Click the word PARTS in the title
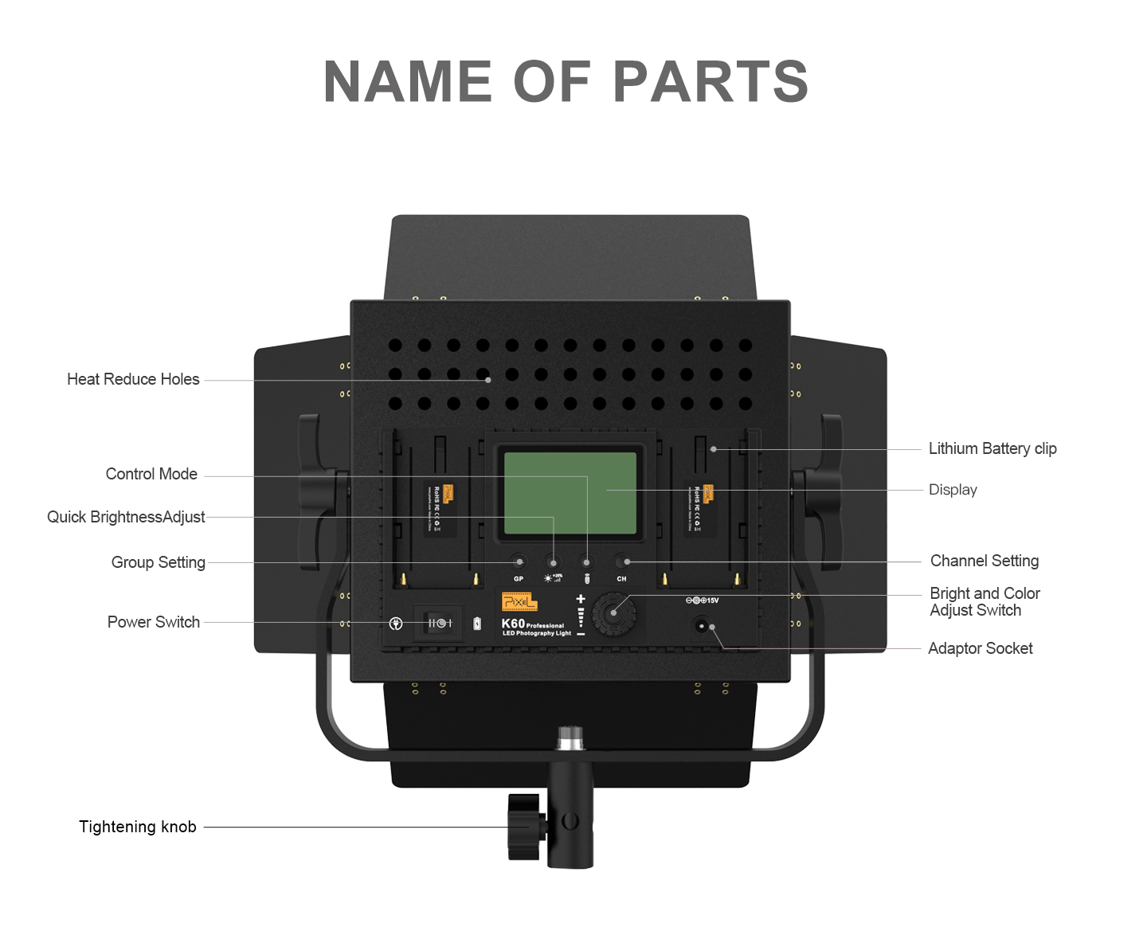pyautogui.click(x=711, y=82)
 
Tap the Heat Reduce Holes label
pyautogui.click(x=133, y=379)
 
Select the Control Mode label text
pyautogui.click(x=151, y=474)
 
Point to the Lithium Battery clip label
pyautogui.click(x=992, y=448)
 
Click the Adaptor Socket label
pyautogui.click(x=980, y=648)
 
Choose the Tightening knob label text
pyautogui.click(x=138, y=827)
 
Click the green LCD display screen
pyautogui.click(x=570, y=493)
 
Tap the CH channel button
pyautogui.click(x=622, y=562)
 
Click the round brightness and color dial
pyautogui.click(x=613, y=612)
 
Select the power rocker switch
pyautogui.click(x=440, y=623)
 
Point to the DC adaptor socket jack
pyautogui.click(x=702, y=626)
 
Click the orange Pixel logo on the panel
pyautogui.click(x=519, y=602)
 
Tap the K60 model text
pyautogui.click(x=513, y=624)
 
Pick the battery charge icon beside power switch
pyautogui.click(x=477, y=624)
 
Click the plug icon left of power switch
pyautogui.click(x=396, y=624)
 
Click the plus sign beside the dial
pyautogui.click(x=581, y=599)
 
